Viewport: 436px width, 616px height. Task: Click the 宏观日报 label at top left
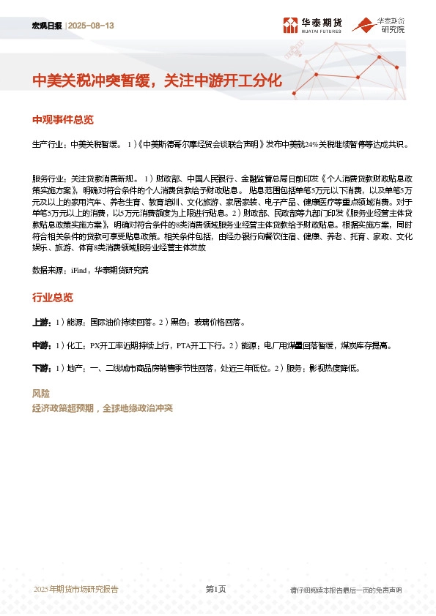(48, 26)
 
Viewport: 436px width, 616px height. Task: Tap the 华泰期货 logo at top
(311, 26)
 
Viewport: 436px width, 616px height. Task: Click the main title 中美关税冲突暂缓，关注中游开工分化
(156, 80)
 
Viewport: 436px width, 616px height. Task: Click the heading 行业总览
(53, 298)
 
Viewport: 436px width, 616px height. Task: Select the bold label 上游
(42, 323)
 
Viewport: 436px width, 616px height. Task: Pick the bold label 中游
(42, 345)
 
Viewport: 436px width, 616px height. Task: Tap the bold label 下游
(42, 367)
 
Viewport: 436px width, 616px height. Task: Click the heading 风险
(41, 394)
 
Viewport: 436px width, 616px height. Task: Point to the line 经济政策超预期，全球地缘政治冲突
(102, 408)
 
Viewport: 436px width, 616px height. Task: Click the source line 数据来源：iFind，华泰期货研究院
(90, 270)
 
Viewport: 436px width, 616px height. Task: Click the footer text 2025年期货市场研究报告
(75, 590)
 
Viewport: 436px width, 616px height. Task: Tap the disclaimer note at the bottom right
(346, 590)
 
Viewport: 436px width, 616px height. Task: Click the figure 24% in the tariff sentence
(311, 144)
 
